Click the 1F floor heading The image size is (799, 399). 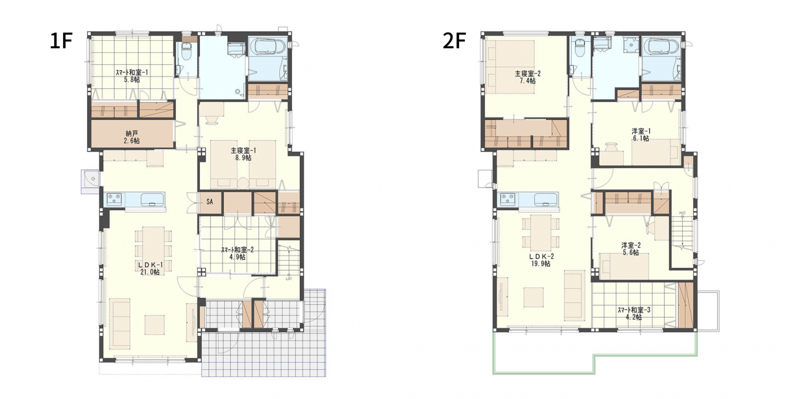coord(61,41)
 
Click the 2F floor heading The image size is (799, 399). coord(454,41)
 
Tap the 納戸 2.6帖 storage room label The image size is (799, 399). coord(132,137)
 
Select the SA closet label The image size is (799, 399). coord(210,202)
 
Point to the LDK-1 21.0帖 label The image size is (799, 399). coord(150,268)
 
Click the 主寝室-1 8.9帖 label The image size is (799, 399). coord(243,154)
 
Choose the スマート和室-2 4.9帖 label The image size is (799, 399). coord(237,253)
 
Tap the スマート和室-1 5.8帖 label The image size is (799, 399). coord(131,76)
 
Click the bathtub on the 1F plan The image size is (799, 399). coord(268,47)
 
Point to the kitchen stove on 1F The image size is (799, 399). coord(114,199)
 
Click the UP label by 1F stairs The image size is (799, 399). coord(288,278)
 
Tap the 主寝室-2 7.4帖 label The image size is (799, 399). coord(527,77)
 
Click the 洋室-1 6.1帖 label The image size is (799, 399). coord(641,135)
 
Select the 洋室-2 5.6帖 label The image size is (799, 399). coord(631,249)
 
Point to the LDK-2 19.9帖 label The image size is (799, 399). coord(541,260)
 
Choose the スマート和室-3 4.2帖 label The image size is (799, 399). coord(634,313)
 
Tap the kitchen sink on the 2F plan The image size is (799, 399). coord(545,199)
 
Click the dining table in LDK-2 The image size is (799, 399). coord(541,233)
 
